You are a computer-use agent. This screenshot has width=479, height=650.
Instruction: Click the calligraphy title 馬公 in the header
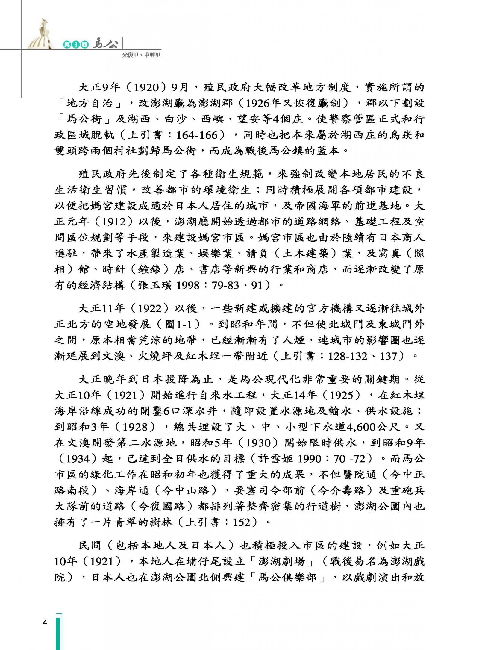105,44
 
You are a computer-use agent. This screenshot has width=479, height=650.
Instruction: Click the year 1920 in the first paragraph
146,87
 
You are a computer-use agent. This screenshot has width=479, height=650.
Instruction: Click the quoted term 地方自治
90,103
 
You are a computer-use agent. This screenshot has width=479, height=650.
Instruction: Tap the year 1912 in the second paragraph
113,222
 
